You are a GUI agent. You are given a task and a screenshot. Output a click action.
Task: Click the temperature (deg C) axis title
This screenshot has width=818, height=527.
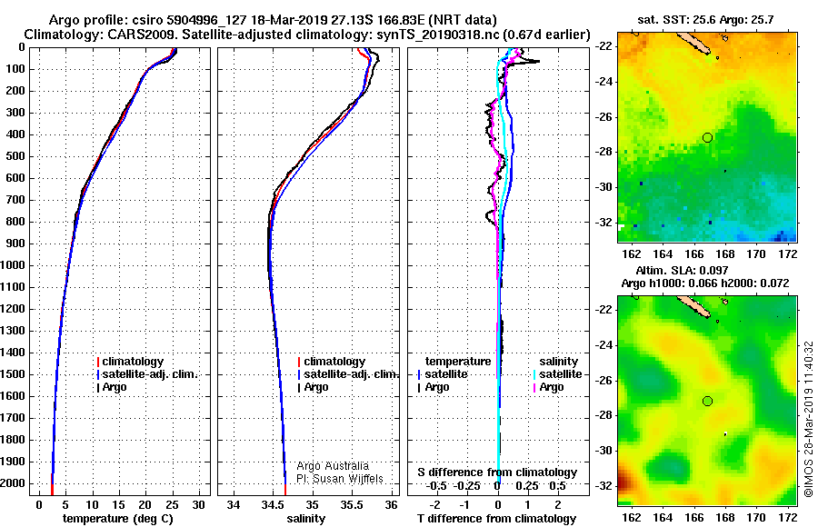coord(118,518)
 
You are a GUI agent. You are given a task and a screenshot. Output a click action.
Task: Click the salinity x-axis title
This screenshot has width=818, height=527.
coord(305,518)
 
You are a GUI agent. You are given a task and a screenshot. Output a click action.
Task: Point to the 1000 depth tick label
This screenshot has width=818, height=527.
coord(14,265)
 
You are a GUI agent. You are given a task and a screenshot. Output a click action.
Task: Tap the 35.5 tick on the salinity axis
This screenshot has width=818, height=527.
coord(352,505)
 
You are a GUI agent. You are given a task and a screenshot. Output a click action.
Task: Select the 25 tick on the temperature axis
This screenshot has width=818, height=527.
coord(172,505)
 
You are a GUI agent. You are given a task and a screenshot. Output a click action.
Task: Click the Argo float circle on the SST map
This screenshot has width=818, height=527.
coord(707,138)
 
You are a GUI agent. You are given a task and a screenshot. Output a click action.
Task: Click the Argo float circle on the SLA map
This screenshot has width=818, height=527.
coord(707,402)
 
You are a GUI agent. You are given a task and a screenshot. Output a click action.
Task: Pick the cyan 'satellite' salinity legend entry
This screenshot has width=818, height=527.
coord(558,374)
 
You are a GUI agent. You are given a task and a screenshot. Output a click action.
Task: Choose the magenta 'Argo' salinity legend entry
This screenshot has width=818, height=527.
coord(549,387)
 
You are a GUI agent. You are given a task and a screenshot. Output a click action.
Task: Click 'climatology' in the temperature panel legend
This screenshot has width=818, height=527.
coord(130,361)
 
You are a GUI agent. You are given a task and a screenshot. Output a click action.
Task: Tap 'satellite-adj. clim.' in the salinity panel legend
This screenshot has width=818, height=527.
coord(348,374)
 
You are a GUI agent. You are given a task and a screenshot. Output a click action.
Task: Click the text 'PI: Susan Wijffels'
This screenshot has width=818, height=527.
coord(340,479)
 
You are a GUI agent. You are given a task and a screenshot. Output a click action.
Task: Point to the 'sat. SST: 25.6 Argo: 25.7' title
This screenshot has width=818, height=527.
coord(705,20)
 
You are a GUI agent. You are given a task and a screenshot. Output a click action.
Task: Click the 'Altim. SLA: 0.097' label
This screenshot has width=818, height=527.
coord(682,270)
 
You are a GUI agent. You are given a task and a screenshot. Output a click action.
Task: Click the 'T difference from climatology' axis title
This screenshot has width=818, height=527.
coord(496,518)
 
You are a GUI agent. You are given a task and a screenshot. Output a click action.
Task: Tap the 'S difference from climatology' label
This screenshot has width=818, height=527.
coord(497,472)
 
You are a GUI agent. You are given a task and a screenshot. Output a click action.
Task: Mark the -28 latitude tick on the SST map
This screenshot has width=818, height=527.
coord(604,152)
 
